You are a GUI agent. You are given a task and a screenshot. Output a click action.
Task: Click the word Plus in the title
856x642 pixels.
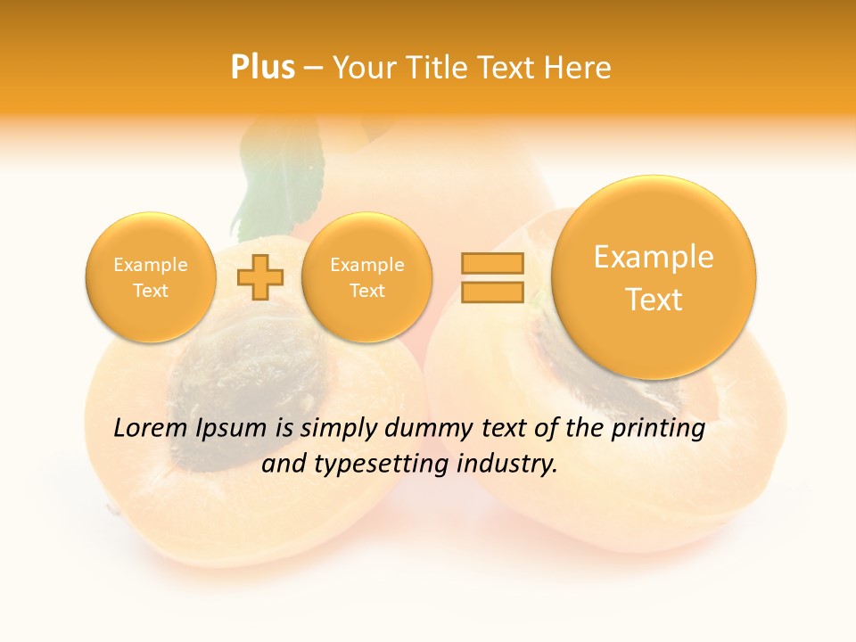tap(262, 68)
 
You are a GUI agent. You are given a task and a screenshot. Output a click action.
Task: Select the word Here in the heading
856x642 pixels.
tap(579, 68)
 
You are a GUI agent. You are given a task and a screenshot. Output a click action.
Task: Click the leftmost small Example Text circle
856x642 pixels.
tap(150, 277)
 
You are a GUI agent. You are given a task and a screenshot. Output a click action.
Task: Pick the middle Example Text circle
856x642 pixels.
tap(366, 277)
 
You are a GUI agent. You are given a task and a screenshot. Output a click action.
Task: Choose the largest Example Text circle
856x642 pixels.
tap(654, 277)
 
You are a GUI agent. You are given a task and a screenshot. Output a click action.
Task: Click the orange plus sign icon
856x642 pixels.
tap(260, 277)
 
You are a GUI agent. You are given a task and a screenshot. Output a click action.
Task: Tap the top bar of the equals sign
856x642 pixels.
tap(492, 263)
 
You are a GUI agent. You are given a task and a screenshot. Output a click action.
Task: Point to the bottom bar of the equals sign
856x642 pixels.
tap(492, 292)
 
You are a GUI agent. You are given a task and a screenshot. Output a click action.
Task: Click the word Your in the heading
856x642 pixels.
tap(359, 68)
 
